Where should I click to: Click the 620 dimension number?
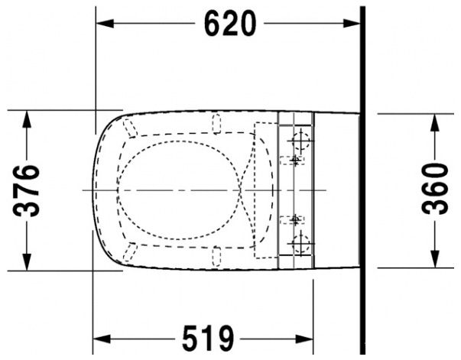tap(230, 24)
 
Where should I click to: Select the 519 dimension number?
tap(208, 339)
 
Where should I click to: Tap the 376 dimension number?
tap(27, 191)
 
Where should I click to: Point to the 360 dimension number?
tap(435, 189)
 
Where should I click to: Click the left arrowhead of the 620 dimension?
tap(105, 24)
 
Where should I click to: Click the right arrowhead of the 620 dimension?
tap(352, 24)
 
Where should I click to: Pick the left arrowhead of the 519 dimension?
tap(102, 339)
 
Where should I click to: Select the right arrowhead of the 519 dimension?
tap(304, 339)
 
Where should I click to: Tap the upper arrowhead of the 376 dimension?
tap(27, 119)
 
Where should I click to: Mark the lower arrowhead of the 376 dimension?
tap(27, 262)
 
